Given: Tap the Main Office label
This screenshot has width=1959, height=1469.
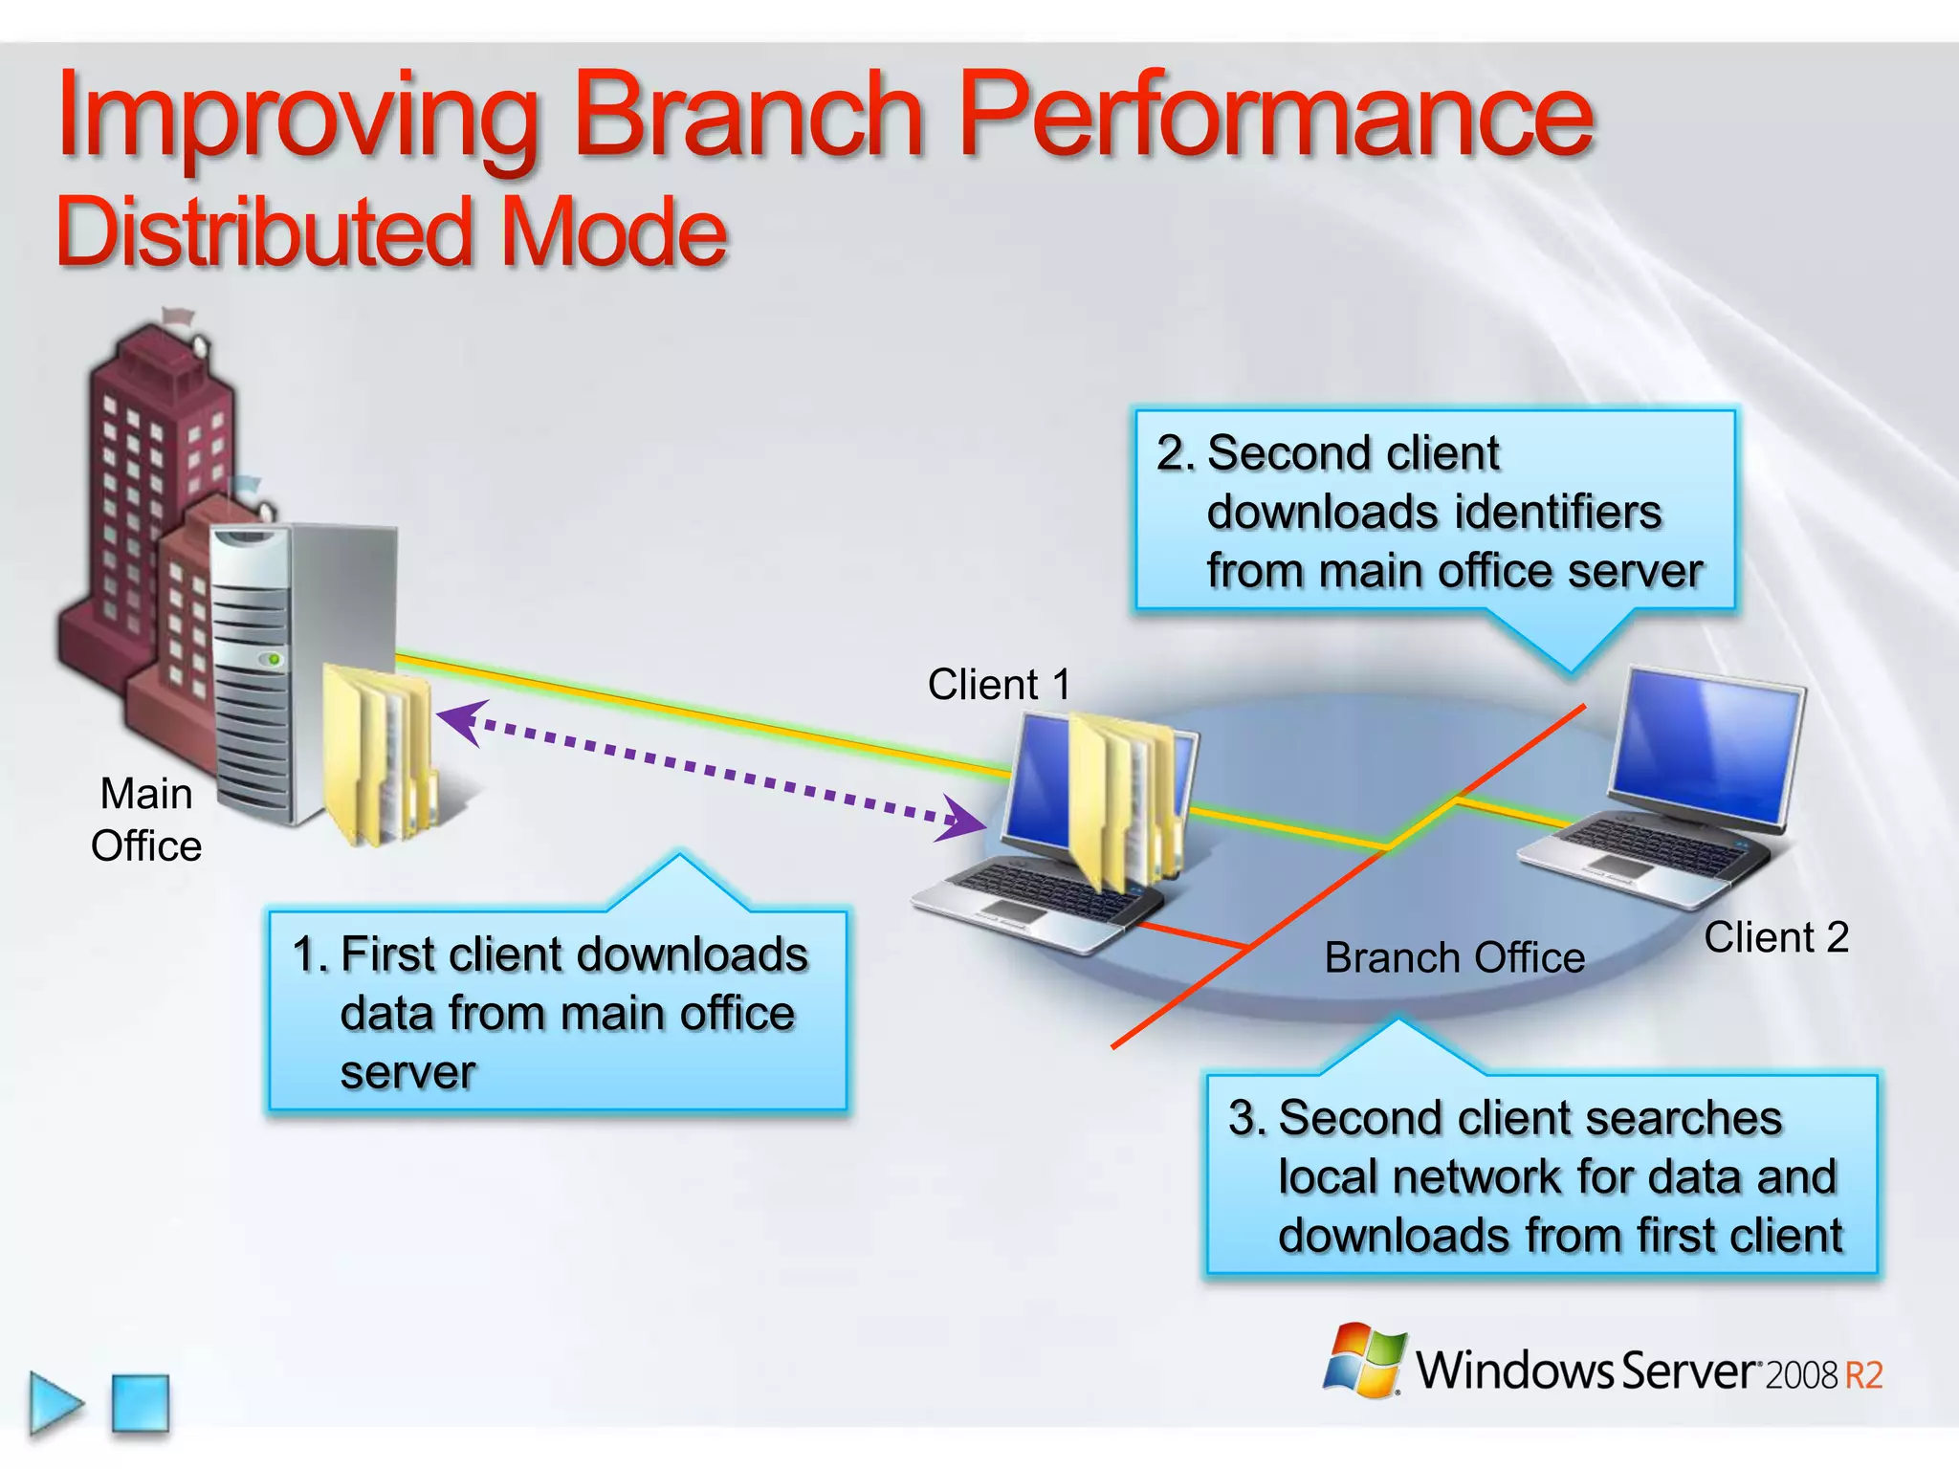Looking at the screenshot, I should (146, 820).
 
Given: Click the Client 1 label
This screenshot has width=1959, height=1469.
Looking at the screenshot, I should (999, 685).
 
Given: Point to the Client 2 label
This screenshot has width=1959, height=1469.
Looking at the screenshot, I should (1775, 937).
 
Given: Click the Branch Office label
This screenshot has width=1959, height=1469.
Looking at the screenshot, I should (1454, 957).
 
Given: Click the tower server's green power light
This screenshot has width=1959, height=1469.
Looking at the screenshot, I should (275, 659).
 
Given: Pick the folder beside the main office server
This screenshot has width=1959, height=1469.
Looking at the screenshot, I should (378, 756).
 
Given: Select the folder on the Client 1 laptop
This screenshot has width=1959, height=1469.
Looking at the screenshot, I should (1124, 803).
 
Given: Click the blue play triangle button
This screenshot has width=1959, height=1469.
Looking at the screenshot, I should (55, 1404).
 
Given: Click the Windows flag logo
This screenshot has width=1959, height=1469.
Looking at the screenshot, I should (1365, 1360).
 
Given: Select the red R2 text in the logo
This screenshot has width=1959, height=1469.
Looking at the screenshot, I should (1863, 1375).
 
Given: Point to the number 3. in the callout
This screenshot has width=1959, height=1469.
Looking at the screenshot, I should (1247, 1118).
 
